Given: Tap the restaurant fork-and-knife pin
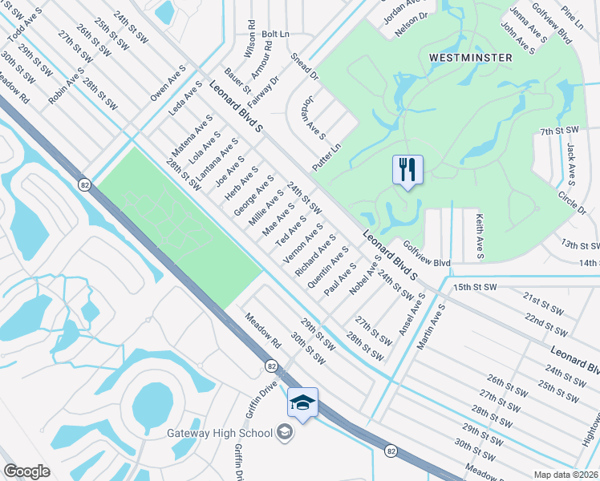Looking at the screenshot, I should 407,170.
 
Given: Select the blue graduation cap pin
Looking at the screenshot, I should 303,402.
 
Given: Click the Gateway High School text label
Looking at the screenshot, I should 221,434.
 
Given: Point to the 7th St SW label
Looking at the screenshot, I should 559,131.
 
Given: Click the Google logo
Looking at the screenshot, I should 26,471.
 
